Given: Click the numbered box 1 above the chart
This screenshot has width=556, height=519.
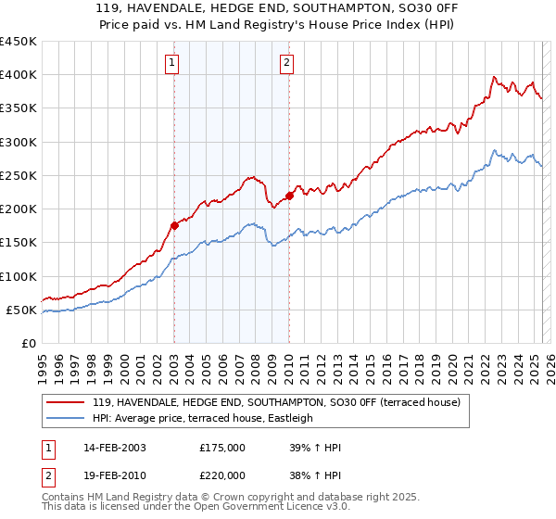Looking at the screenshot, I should pos(173,63).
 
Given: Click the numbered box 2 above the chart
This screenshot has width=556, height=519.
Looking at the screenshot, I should pos(287,63).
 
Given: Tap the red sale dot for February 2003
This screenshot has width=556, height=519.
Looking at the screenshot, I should pos(174,225).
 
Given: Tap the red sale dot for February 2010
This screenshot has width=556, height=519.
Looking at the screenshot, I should pos(289,196).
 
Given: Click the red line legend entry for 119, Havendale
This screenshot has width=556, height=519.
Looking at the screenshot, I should pos(269,402).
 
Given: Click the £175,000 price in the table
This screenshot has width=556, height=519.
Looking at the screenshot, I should pos(222,448).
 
